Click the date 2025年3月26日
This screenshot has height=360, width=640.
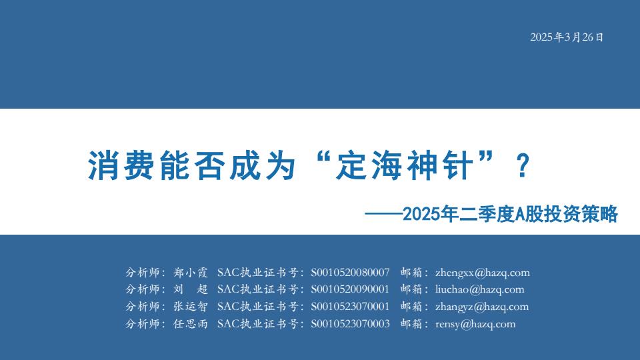(567, 37)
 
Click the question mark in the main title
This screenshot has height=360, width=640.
(523, 166)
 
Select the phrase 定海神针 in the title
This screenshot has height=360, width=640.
(404, 165)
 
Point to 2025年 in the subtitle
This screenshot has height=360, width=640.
(430, 214)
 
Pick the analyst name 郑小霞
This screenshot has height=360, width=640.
(191, 273)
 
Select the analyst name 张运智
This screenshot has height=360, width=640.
(191, 307)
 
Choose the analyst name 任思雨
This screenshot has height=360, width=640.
(191, 324)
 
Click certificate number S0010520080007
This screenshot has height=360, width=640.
(350, 273)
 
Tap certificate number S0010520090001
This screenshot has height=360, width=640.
(350, 289)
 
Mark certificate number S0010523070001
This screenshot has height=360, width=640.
(350, 307)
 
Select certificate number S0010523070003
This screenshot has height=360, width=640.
(350, 324)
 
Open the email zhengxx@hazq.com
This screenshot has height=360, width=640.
(483, 273)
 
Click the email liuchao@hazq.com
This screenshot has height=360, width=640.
(479, 289)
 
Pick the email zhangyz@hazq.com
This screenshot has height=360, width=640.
(482, 307)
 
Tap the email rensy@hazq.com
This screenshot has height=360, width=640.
(475, 324)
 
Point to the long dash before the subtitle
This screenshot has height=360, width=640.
(383, 213)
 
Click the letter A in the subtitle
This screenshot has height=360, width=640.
(519, 215)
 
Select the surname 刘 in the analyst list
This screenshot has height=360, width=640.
(179, 289)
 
